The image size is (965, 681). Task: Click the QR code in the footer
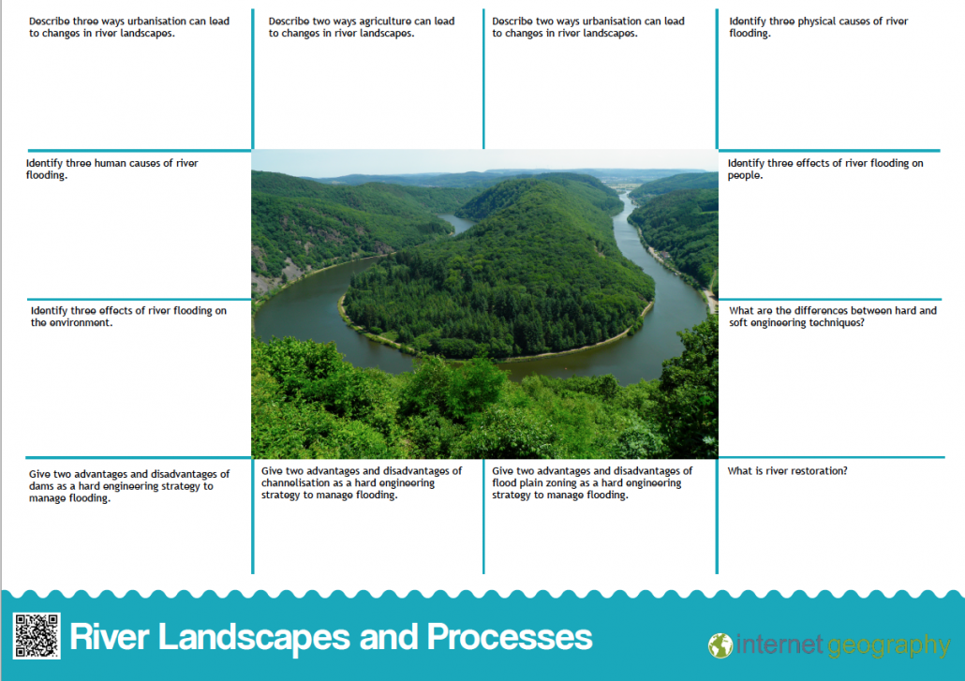(x=37, y=636)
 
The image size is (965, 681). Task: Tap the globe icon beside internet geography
(x=720, y=646)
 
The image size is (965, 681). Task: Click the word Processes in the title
(x=510, y=637)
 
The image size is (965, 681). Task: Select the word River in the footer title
(x=110, y=637)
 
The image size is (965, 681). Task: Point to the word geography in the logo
(x=889, y=646)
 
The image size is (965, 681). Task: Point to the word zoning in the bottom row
(x=561, y=483)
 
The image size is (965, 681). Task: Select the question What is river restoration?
(x=787, y=471)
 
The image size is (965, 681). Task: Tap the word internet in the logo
(x=779, y=644)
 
